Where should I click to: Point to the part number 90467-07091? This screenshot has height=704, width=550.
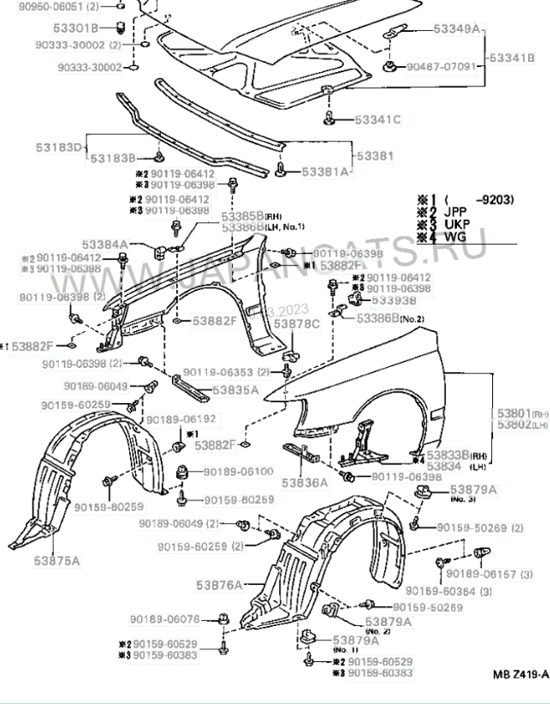tap(441, 66)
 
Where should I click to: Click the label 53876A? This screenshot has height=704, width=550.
tap(221, 584)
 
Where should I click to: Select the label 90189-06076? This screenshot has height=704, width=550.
tap(164, 619)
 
